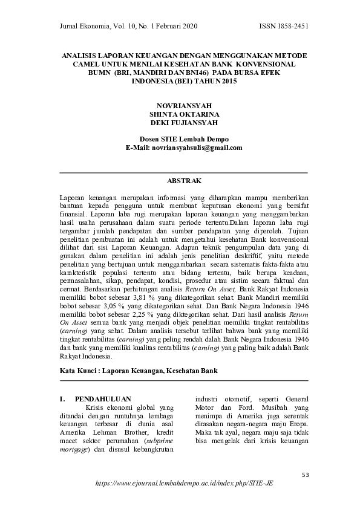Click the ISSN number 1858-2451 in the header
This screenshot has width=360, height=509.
coord(292,25)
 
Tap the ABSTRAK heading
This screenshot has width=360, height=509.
coord(184,180)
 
